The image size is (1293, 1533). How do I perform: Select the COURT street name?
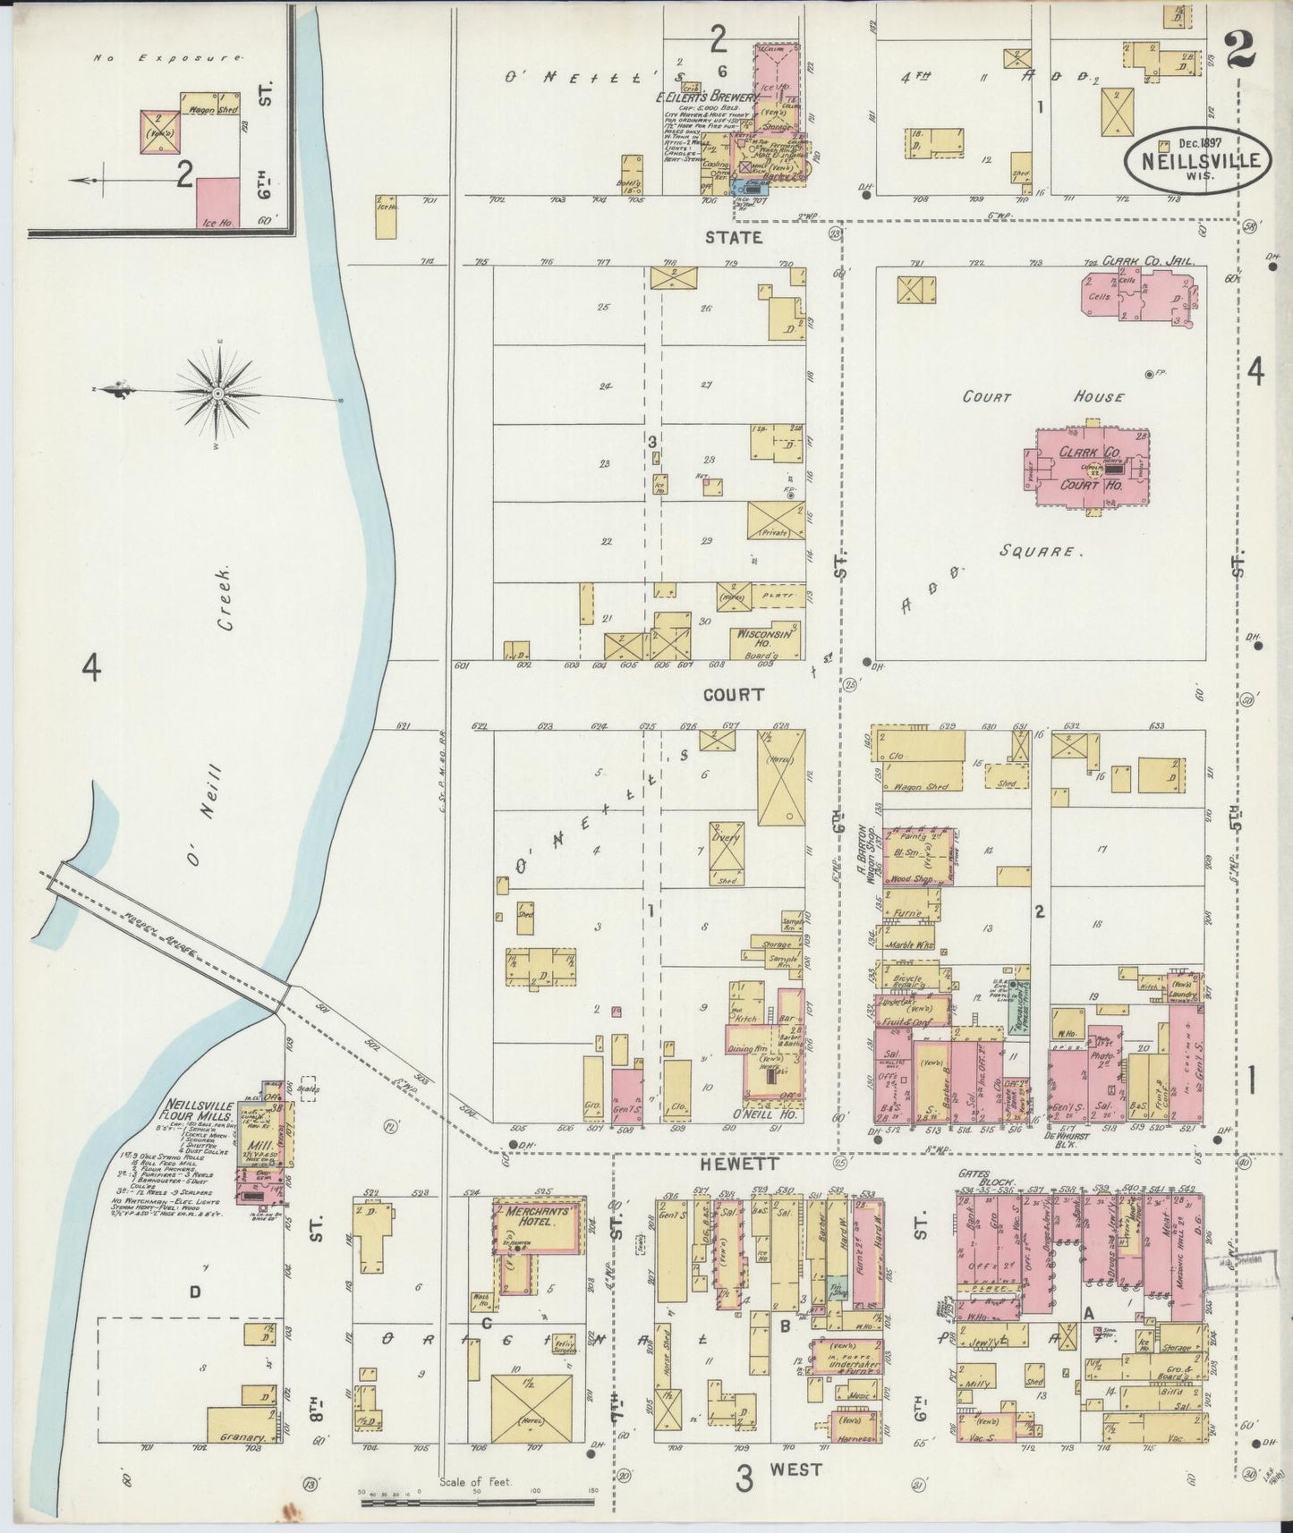[x=733, y=693]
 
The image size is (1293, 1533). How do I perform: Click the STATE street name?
[x=733, y=237]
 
